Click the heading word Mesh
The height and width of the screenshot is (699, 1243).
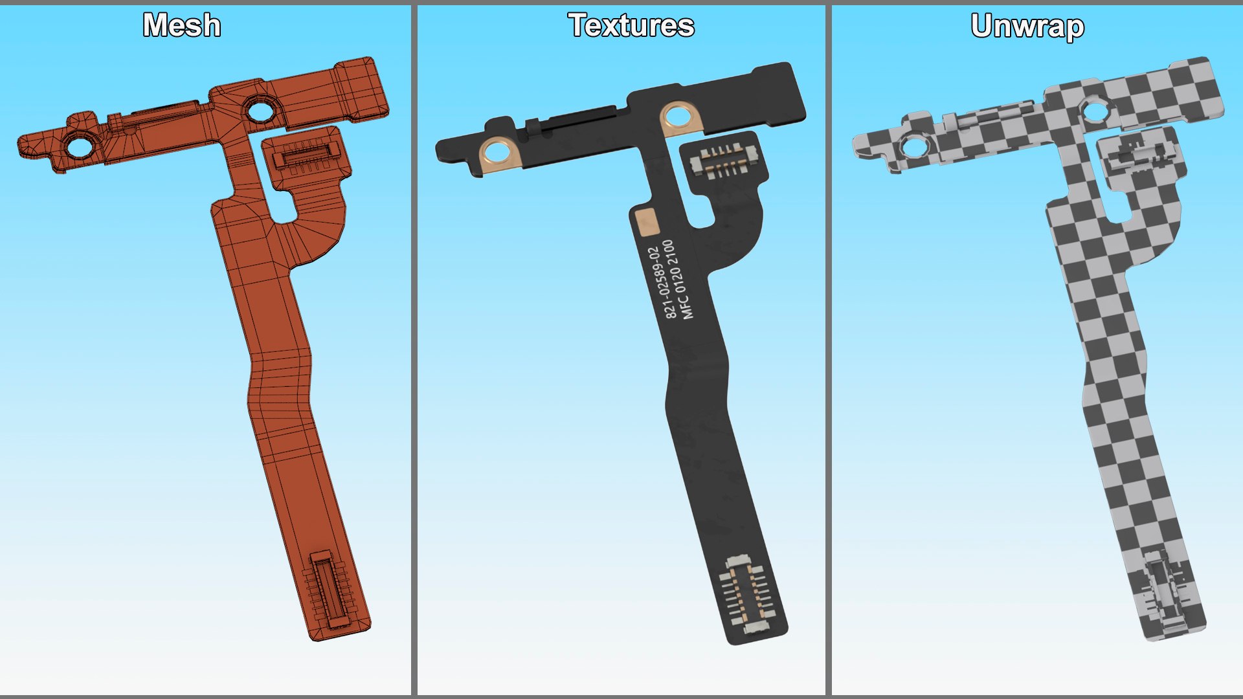point(181,26)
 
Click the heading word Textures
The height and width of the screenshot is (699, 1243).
point(631,26)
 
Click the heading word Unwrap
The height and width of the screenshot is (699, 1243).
point(1027,27)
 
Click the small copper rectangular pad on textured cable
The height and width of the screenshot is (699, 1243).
point(646,222)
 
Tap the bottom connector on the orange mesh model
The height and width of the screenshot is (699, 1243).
point(331,590)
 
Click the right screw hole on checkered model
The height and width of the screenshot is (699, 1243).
point(1095,111)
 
